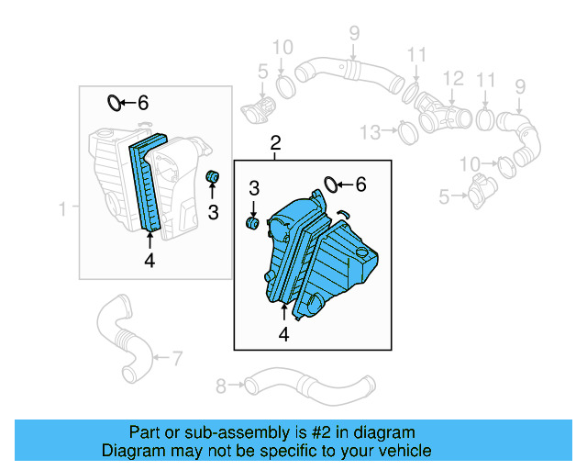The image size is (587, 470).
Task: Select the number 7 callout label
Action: pos(176,356)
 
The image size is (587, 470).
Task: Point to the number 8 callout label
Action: pos(220,385)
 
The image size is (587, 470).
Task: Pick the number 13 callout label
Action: pos(369,133)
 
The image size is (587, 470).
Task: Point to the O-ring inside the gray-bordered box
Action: pos(115,102)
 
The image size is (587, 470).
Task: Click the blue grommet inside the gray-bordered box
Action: pos(212,175)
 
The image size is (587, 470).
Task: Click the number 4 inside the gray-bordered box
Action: pos(150,261)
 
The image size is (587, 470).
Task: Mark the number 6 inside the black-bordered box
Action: pos(360,185)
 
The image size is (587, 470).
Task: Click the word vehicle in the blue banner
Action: pos(402,451)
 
